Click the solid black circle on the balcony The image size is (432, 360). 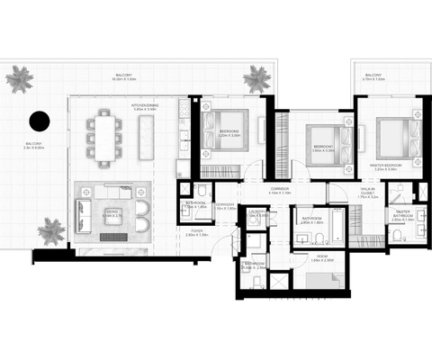click(39, 121)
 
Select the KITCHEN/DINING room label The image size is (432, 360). click(146, 107)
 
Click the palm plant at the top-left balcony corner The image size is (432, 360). click(19, 79)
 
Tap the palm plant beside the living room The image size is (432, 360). click(51, 230)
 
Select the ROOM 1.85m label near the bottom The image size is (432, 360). click(322, 257)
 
